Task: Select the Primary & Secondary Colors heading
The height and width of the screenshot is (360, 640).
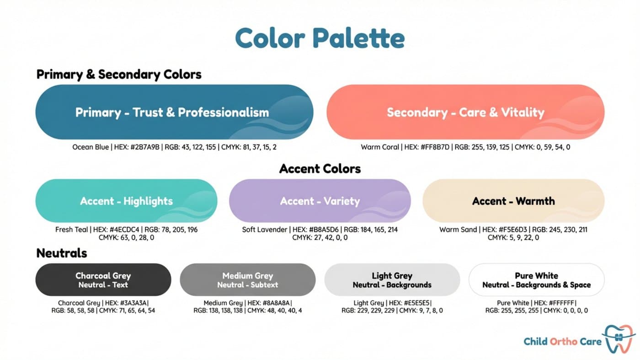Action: pyautogui.click(x=119, y=74)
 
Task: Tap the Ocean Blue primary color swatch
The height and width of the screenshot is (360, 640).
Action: pyautogui.click(x=174, y=112)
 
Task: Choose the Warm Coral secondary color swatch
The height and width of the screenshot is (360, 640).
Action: pyautogui.click(x=465, y=112)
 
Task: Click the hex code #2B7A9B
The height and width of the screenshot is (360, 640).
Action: pyautogui.click(x=146, y=147)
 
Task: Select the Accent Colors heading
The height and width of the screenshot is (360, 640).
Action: pyautogui.click(x=320, y=169)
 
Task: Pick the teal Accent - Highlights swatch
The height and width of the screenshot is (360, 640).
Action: pyautogui.click(x=126, y=201)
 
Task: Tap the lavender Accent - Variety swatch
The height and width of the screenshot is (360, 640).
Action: pyautogui.click(x=320, y=201)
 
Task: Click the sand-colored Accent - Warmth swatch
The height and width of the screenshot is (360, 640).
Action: pyautogui.click(x=513, y=201)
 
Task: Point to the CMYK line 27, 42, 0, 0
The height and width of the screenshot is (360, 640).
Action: pyautogui.click(x=320, y=237)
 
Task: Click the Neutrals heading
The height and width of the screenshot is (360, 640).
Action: pyautogui.click(x=61, y=253)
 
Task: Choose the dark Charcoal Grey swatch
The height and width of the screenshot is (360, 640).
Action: pyautogui.click(x=103, y=279)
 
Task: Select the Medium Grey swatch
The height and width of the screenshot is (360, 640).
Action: pyautogui.click(x=247, y=279)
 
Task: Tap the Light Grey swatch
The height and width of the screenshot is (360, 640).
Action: pyautogui.click(x=392, y=279)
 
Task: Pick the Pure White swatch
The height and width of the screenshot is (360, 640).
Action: pyautogui.click(x=536, y=279)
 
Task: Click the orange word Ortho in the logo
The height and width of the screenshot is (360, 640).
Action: pyautogui.click(x=564, y=341)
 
